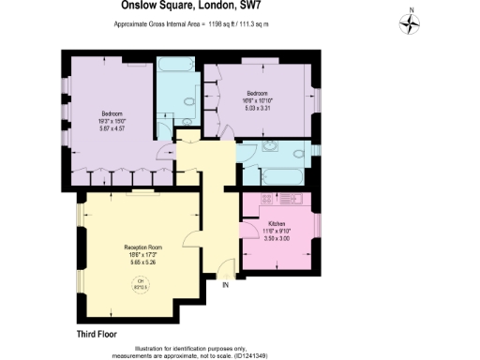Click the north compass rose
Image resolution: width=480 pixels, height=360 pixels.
410,22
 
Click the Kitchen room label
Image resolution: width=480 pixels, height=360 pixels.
277,223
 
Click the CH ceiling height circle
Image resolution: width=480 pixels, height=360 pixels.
142,283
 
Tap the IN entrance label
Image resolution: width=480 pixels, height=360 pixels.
225,286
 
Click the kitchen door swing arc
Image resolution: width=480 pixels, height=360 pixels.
248,229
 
